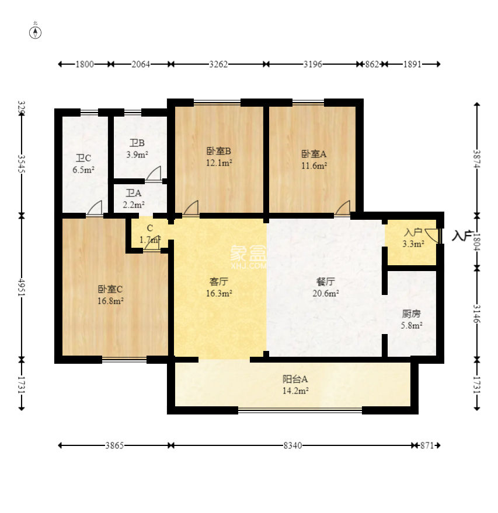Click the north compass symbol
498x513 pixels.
36,33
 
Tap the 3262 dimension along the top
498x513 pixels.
218,64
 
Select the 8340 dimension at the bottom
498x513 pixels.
292,445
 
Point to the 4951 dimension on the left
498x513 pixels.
22,287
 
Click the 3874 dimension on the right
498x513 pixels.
477,159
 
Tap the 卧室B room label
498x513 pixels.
219,151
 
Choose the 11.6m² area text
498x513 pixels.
314,166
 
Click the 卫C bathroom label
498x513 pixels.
83,159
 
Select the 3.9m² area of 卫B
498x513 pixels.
137,154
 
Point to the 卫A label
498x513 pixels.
134,193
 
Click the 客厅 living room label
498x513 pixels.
219,282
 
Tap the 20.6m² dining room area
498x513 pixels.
326,293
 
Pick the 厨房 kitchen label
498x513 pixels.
411,314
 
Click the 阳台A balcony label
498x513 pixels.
295,379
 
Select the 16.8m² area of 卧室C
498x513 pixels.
110,301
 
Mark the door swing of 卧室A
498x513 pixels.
343,208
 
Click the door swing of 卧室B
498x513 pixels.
191,208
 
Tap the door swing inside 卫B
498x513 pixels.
154,173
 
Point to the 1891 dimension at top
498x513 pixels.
412,64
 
